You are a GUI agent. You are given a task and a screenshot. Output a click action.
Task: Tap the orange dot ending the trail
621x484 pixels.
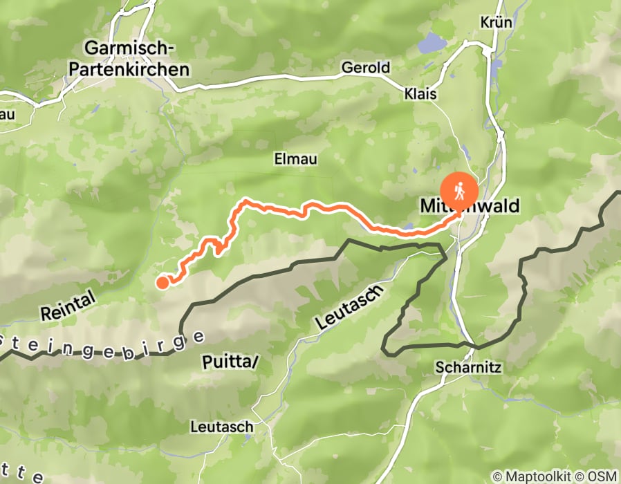163,281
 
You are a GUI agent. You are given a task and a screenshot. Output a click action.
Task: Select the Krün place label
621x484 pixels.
496,22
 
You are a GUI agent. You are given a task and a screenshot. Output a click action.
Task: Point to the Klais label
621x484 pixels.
421,93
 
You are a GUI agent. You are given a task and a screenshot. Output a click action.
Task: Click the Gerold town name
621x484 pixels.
366,68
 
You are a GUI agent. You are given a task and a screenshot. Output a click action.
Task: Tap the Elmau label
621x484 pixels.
295,159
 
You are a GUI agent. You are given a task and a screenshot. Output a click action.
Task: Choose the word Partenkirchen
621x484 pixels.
136,69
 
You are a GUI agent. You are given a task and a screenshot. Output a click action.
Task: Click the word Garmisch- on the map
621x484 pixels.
129,48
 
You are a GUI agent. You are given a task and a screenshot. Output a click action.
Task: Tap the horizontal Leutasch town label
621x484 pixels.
221,427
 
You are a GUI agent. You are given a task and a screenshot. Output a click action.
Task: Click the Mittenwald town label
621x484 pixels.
469,206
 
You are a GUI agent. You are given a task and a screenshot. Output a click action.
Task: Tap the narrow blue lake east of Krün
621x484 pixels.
496,67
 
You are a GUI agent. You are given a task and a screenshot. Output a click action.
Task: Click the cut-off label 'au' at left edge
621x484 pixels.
8,113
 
